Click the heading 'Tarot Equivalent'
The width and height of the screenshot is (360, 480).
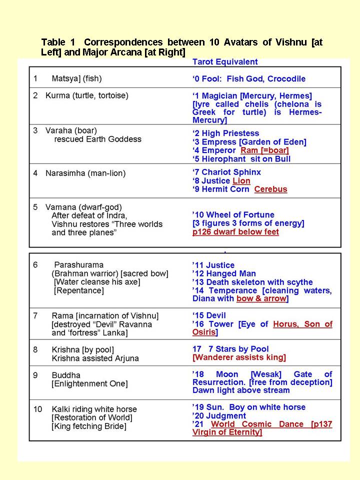(x=225, y=62)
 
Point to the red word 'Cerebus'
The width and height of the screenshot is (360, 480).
(x=270, y=189)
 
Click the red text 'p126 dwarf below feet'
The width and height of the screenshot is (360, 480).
(x=236, y=232)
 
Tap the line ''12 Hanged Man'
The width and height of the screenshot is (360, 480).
(x=224, y=273)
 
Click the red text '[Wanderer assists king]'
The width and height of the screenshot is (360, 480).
(x=239, y=357)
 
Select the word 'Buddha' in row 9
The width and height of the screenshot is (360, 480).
(x=66, y=375)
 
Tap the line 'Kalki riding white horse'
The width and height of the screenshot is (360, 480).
(x=94, y=409)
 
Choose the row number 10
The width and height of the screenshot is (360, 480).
(x=38, y=409)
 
